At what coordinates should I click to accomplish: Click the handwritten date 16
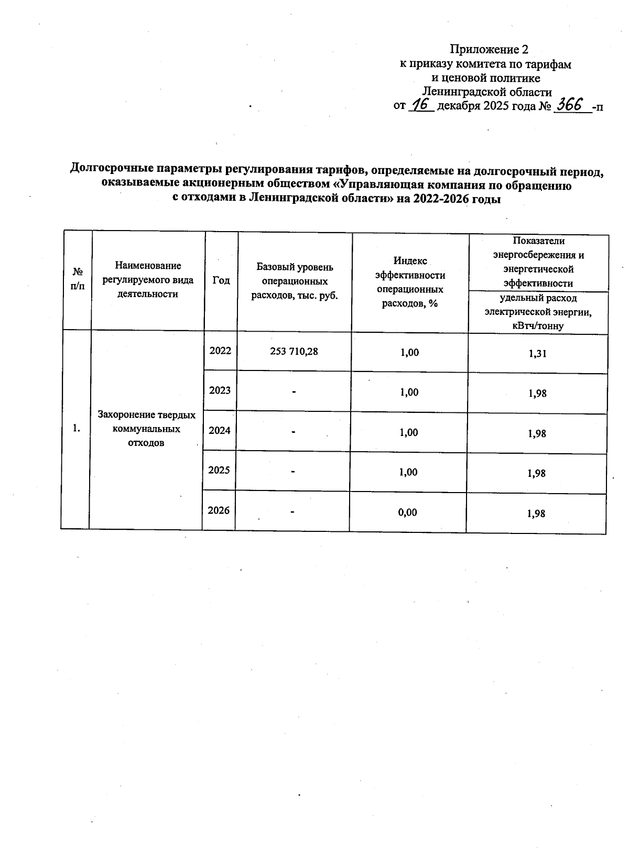tap(420, 105)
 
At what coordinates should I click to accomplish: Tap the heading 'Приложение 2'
tap(489, 49)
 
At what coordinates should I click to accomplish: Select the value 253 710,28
tap(294, 352)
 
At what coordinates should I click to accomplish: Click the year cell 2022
tap(220, 351)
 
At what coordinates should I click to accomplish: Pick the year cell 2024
tap(220, 430)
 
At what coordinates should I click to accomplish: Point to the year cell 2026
tap(219, 510)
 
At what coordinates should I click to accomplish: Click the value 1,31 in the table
tap(538, 354)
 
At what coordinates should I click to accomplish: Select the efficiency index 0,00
tap(408, 512)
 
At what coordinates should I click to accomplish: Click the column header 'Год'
tap(221, 280)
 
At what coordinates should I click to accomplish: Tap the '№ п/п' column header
tap(78, 279)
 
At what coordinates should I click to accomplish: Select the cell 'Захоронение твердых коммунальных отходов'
tap(147, 429)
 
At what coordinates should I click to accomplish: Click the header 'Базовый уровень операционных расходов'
tap(295, 281)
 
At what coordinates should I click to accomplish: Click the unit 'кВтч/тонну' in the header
tap(538, 326)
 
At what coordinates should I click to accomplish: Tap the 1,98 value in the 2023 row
tap(537, 394)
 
